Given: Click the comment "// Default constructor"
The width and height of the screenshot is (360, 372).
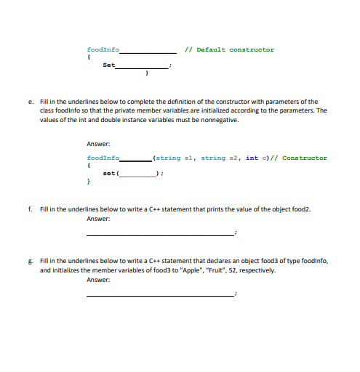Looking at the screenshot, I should pos(230,49).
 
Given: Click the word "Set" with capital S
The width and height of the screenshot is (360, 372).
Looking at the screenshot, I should pos(108,65).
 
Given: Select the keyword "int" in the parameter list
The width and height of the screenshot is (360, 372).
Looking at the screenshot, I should pos(252,158).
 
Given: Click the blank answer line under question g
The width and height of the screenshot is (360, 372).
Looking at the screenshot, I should pos(160,296).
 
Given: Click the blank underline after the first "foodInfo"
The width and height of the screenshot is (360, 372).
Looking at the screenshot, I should pos(148,52).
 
